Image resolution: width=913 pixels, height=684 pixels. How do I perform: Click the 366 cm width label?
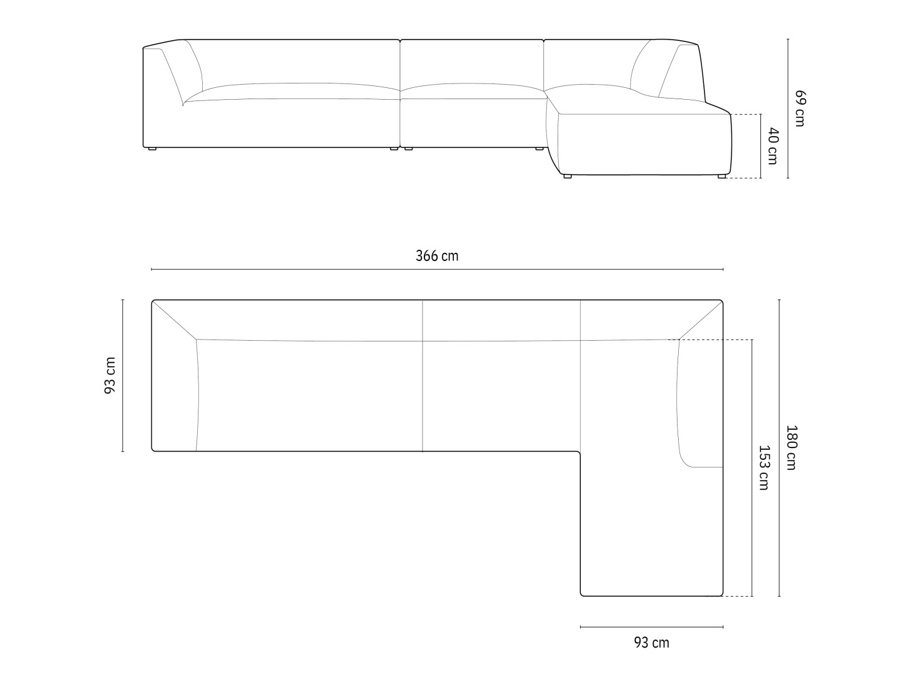click(x=437, y=255)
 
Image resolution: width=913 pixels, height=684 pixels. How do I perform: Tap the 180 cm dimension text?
click(x=791, y=447)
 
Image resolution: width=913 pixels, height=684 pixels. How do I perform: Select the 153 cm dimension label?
click(x=764, y=468)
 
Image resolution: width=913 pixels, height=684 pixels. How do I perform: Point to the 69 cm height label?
click(x=799, y=108)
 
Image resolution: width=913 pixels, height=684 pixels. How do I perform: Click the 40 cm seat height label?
click(x=772, y=146)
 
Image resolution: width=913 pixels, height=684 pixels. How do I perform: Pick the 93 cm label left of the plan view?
click(x=110, y=375)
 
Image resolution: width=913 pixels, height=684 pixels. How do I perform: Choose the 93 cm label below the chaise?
click(x=651, y=643)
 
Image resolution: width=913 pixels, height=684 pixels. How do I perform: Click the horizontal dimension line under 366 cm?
click(x=437, y=269)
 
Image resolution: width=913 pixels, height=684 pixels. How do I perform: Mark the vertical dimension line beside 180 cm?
click(x=779, y=448)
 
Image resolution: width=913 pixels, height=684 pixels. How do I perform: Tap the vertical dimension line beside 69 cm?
click(x=788, y=109)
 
